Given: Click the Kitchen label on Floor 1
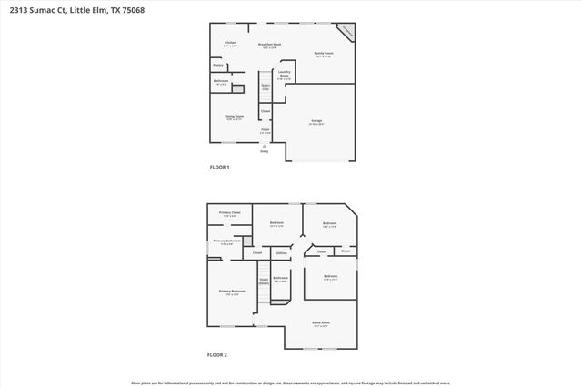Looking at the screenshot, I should click(x=230, y=44).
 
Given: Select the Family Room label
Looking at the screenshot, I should click(x=324, y=55).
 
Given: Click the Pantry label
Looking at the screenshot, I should click(x=218, y=66).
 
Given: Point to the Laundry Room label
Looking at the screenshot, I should click(x=285, y=76).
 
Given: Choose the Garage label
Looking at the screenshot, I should click(x=316, y=120).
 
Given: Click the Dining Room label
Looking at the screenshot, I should click(x=234, y=117).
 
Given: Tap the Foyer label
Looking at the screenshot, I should click(x=266, y=131).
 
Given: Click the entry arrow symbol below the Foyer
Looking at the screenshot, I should click(x=265, y=146).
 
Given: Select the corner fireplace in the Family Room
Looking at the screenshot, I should click(x=346, y=33).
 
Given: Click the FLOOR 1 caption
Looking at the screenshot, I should click(x=219, y=168).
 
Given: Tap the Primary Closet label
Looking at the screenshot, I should click(x=229, y=214).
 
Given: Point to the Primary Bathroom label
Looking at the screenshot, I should click(x=227, y=241).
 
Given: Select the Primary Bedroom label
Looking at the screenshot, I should click(x=232, y=292).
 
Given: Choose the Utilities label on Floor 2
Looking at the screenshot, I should click(x=281, y=252).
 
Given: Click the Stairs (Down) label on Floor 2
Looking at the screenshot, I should click(x=264, y=282).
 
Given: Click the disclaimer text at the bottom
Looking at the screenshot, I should click(x=290, y=383).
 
